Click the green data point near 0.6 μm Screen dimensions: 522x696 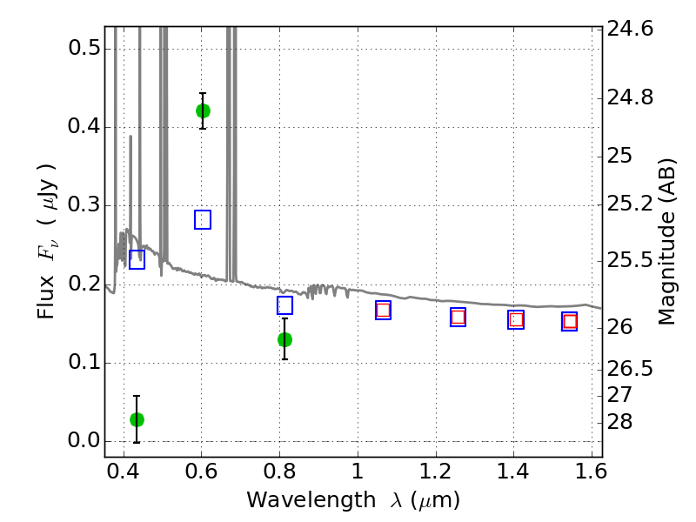pos(203,110)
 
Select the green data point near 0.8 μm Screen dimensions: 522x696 pos(284,339)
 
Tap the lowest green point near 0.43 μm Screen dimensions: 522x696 pos(137,419)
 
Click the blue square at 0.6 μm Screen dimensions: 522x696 pos(203,219)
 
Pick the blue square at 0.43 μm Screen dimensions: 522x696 pos(137,259)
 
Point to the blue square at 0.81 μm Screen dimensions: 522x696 pos(284,305)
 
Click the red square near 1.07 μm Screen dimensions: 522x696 pos(383,310)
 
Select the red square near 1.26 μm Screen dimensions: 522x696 pos(458,317)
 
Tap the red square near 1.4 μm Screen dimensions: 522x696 pos(516,319)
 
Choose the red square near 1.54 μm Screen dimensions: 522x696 pos(570,321)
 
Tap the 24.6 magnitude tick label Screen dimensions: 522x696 pos(632,29)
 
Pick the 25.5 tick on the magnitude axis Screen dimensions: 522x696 pos(632,261)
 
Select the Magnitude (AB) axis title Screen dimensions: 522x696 pos(667,241)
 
